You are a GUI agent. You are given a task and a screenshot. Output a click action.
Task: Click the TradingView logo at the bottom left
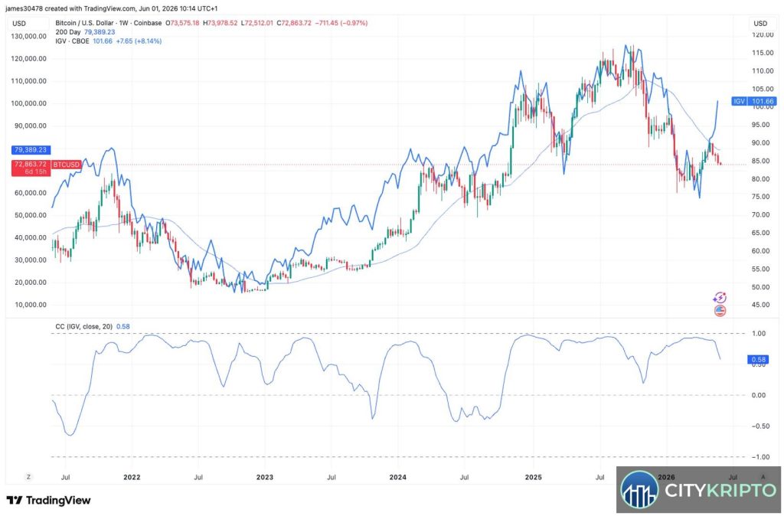[48, 500]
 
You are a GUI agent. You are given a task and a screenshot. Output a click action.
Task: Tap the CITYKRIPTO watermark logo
[698, 491]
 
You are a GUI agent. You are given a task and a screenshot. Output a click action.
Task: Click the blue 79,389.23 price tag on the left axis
[31, 149]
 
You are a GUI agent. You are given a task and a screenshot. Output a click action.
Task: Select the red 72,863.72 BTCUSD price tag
[31, 168]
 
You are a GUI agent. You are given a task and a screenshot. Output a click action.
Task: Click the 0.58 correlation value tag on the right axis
[759, 359]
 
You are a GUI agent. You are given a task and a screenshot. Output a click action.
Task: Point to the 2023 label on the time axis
[264, 476]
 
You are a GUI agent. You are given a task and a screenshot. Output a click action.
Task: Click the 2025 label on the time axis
[534, 476]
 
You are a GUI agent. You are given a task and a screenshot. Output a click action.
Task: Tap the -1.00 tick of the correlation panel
[759, 457]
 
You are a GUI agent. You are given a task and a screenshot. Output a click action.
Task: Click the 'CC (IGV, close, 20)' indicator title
[83, 326]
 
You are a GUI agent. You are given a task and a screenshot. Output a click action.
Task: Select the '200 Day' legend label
[68, 32]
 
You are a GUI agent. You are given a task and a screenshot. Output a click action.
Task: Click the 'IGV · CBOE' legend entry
[72, 41]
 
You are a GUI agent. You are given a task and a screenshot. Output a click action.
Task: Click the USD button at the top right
[760, 24]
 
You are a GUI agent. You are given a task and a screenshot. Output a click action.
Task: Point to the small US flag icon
[720, 311]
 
